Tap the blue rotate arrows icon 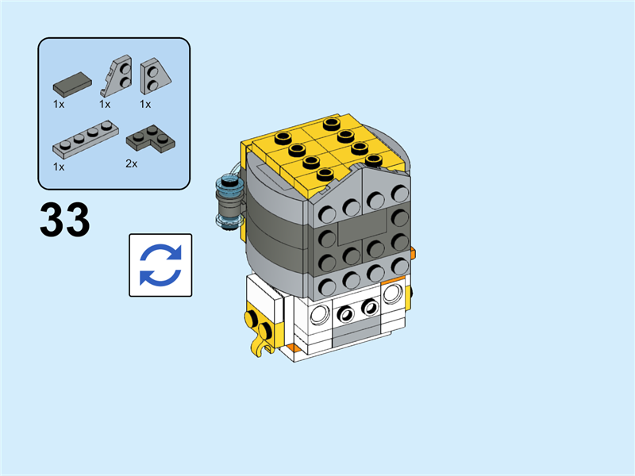click(160, 265)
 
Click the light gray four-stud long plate click(87, 138)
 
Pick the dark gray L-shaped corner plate click(152, 138)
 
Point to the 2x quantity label click(132, 164)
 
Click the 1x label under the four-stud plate click(59, 167)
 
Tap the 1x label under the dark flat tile click(59, 104)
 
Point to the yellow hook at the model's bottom click(258, 343)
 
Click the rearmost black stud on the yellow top click(330, 123)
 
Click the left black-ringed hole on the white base click(345, 313)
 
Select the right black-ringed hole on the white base click(369, 307)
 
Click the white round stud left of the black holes click(320, 313)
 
